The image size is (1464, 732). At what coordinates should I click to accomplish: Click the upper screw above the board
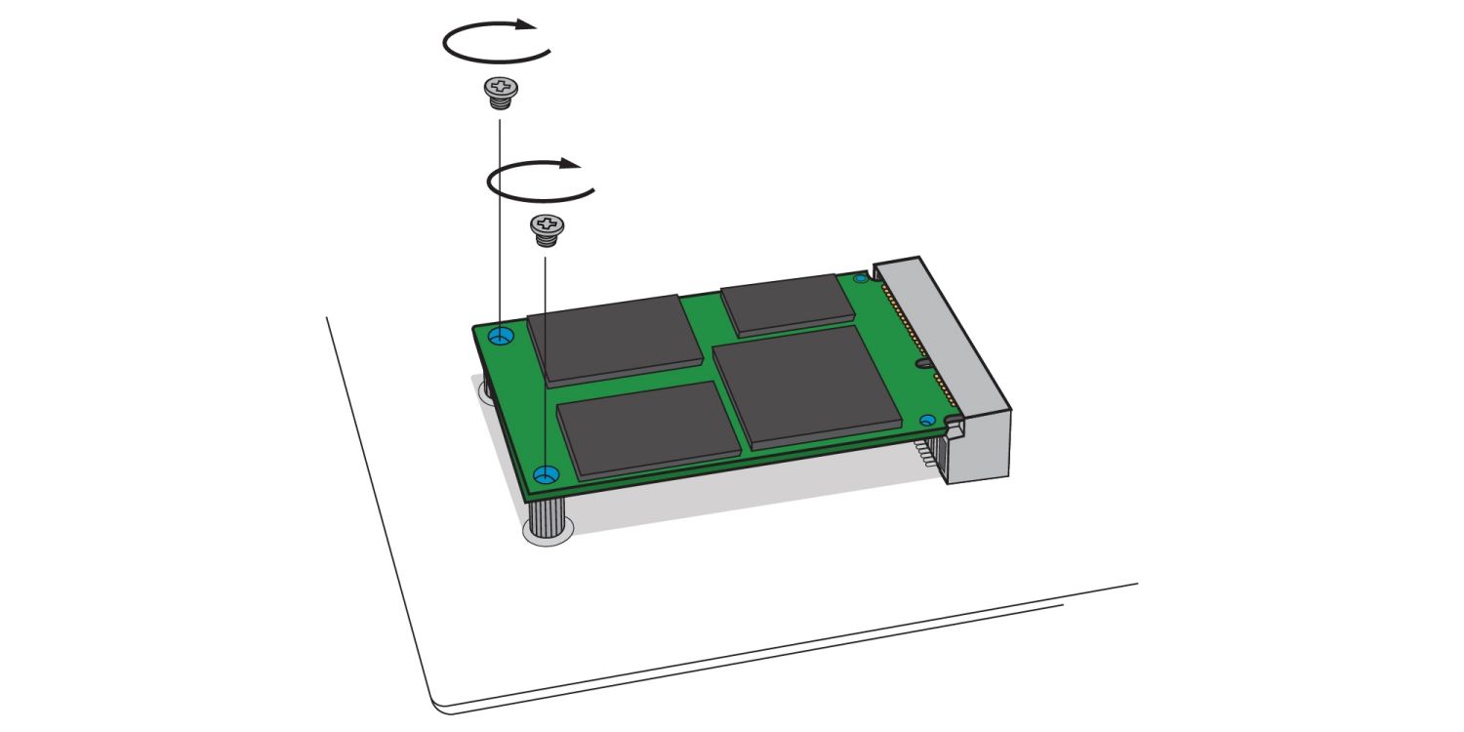click(x=500, y=93)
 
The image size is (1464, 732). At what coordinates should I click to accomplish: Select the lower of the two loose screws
click(x=546, y=228)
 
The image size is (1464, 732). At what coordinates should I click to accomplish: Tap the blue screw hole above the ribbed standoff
click(x=547, y=475)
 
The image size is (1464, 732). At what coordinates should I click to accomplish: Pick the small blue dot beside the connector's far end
click(x=860, y=279)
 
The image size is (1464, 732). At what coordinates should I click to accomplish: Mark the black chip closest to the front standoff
click(x=646, y=429)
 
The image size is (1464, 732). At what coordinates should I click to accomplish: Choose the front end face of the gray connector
click(x=981, y=449)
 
